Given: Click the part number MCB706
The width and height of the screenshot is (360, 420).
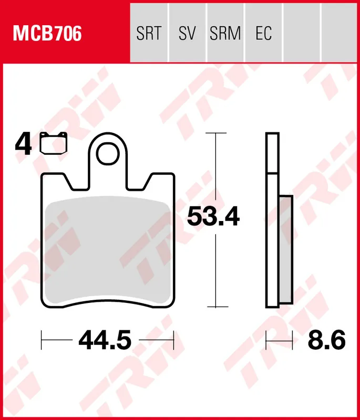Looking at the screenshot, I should [47, 34].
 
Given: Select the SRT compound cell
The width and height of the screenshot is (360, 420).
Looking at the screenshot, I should [149, 34].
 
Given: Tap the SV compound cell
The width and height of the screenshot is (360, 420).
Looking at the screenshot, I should [187, 34].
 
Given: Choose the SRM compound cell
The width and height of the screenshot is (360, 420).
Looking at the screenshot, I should [225, 34].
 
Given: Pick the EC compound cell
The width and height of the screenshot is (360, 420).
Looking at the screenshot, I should [263, 34].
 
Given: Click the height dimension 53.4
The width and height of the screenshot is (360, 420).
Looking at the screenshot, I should [214, 217].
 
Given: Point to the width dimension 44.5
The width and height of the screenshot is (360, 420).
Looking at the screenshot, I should [105, 341].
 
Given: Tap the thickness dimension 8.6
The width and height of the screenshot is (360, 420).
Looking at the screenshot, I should [326, 341].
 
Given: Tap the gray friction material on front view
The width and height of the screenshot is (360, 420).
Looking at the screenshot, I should [108, 252].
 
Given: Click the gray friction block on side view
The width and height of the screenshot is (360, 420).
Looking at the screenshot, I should [285, 250].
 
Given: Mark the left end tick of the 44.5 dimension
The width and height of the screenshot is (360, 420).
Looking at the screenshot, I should [42, 341].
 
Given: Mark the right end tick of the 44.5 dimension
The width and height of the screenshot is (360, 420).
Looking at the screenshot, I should [173, 341].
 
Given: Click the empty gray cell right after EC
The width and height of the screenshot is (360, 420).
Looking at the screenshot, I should [302, 34].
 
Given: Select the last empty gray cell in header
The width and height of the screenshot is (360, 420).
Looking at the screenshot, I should [339, 34].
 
